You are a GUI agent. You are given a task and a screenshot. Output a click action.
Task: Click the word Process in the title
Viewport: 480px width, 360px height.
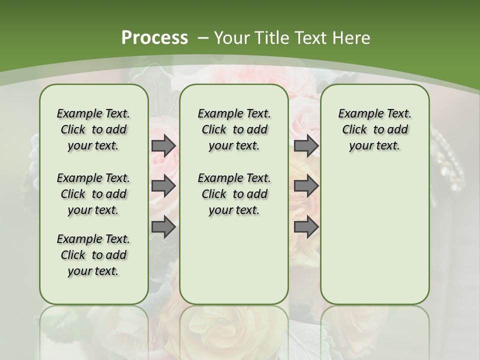(x=154, y=37)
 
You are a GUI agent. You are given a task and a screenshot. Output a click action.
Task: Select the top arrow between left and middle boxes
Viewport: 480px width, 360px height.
(x=163, y=145)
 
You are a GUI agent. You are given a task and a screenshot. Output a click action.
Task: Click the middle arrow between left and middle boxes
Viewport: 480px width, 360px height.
(x=163, y=186)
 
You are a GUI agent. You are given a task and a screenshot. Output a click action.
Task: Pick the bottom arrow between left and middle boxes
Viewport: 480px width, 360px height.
(x=163, y=227)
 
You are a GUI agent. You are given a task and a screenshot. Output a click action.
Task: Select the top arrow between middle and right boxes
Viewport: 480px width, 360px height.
(x=306, y=145)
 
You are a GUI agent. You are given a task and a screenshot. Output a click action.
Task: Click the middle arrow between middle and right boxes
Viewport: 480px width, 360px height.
(x=306, y=186)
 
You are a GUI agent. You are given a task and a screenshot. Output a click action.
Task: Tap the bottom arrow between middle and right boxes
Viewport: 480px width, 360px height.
(x=306, y=227)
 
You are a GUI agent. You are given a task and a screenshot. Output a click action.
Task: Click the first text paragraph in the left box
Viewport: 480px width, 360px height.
(x=93, y=129)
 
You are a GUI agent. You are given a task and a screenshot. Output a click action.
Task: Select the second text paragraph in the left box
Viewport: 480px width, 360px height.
(x=93, y=194)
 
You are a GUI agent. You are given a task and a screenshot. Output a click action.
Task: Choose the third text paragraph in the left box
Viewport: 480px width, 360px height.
(x=93, y=255)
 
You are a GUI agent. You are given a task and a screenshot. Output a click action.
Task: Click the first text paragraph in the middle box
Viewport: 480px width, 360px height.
(x=234, y=129)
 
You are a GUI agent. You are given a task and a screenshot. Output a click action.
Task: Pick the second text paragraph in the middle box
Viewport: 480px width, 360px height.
(x=234, y=194)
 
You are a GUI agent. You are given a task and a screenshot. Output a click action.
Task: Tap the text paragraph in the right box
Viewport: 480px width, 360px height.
(x=374, y=129)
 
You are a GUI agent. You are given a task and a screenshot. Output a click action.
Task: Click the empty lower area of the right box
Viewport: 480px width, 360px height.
(x=374, y=235)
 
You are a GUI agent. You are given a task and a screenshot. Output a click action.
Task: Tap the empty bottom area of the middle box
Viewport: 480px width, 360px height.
(x=234, y=265)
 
